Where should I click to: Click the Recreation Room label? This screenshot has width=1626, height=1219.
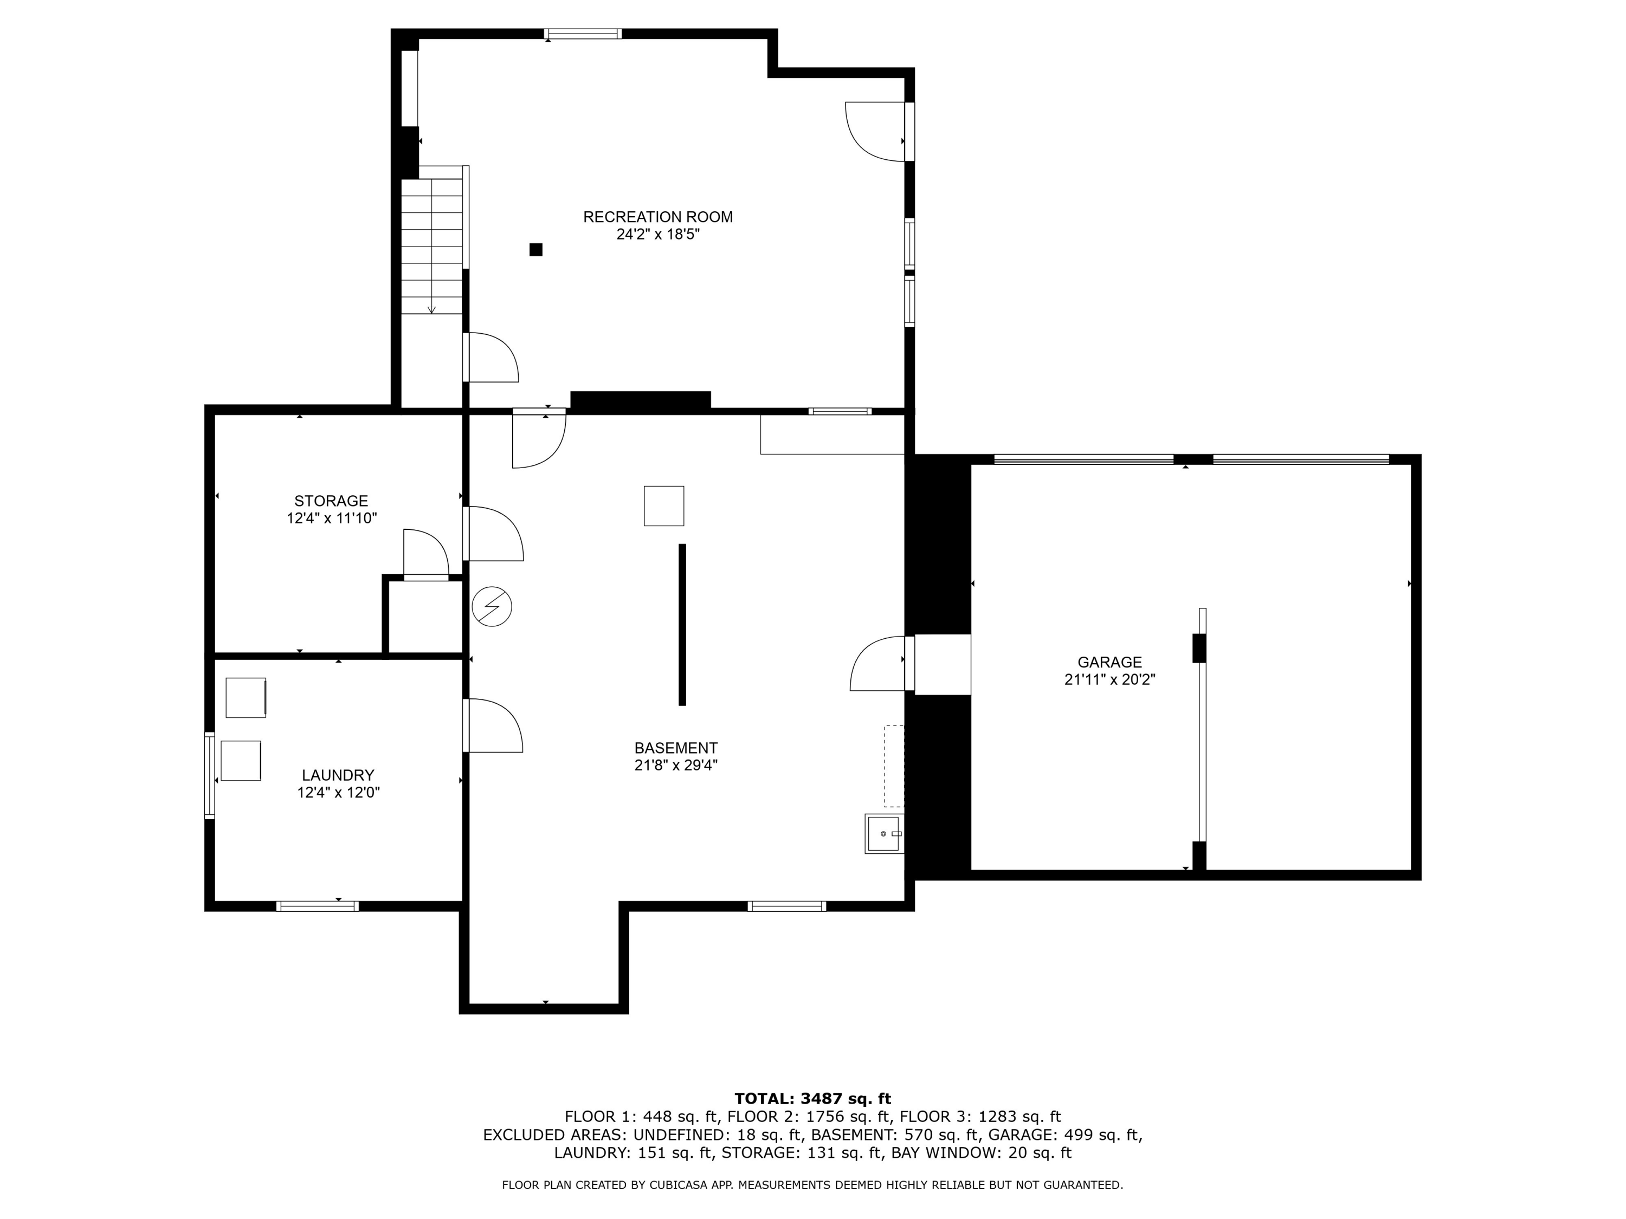pyautogui.click(x=658, y=217)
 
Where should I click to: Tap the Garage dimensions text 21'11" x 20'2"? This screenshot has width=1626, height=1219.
pyautogui.click(x=1110, y=680)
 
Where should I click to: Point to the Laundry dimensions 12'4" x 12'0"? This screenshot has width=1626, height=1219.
pyautogui.click(x=338, y=792)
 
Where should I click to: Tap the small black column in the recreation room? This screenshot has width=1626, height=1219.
pyautogui.click(x=536, y=250)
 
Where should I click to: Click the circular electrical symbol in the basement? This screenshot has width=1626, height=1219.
pyautogui.click(x=492, y=607)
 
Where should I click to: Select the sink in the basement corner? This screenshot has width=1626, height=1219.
pyautogui.click(x=885, y=834)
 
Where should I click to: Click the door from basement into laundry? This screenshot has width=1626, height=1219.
pyautogui.click(x=493, y=725)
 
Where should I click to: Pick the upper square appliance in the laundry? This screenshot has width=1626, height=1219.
pyautogui.click(x=246, y=697)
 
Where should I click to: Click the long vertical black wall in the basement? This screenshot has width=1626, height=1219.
pyautogui.click(x=682, y=625)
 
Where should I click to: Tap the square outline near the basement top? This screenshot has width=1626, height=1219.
pyautogui.click(x=664, y=505)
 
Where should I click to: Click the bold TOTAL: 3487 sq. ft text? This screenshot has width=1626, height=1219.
pyautogui.click(x=812, y=1099)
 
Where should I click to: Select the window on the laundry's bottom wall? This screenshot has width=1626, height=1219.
pyautogui.click(x=318, y=906)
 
